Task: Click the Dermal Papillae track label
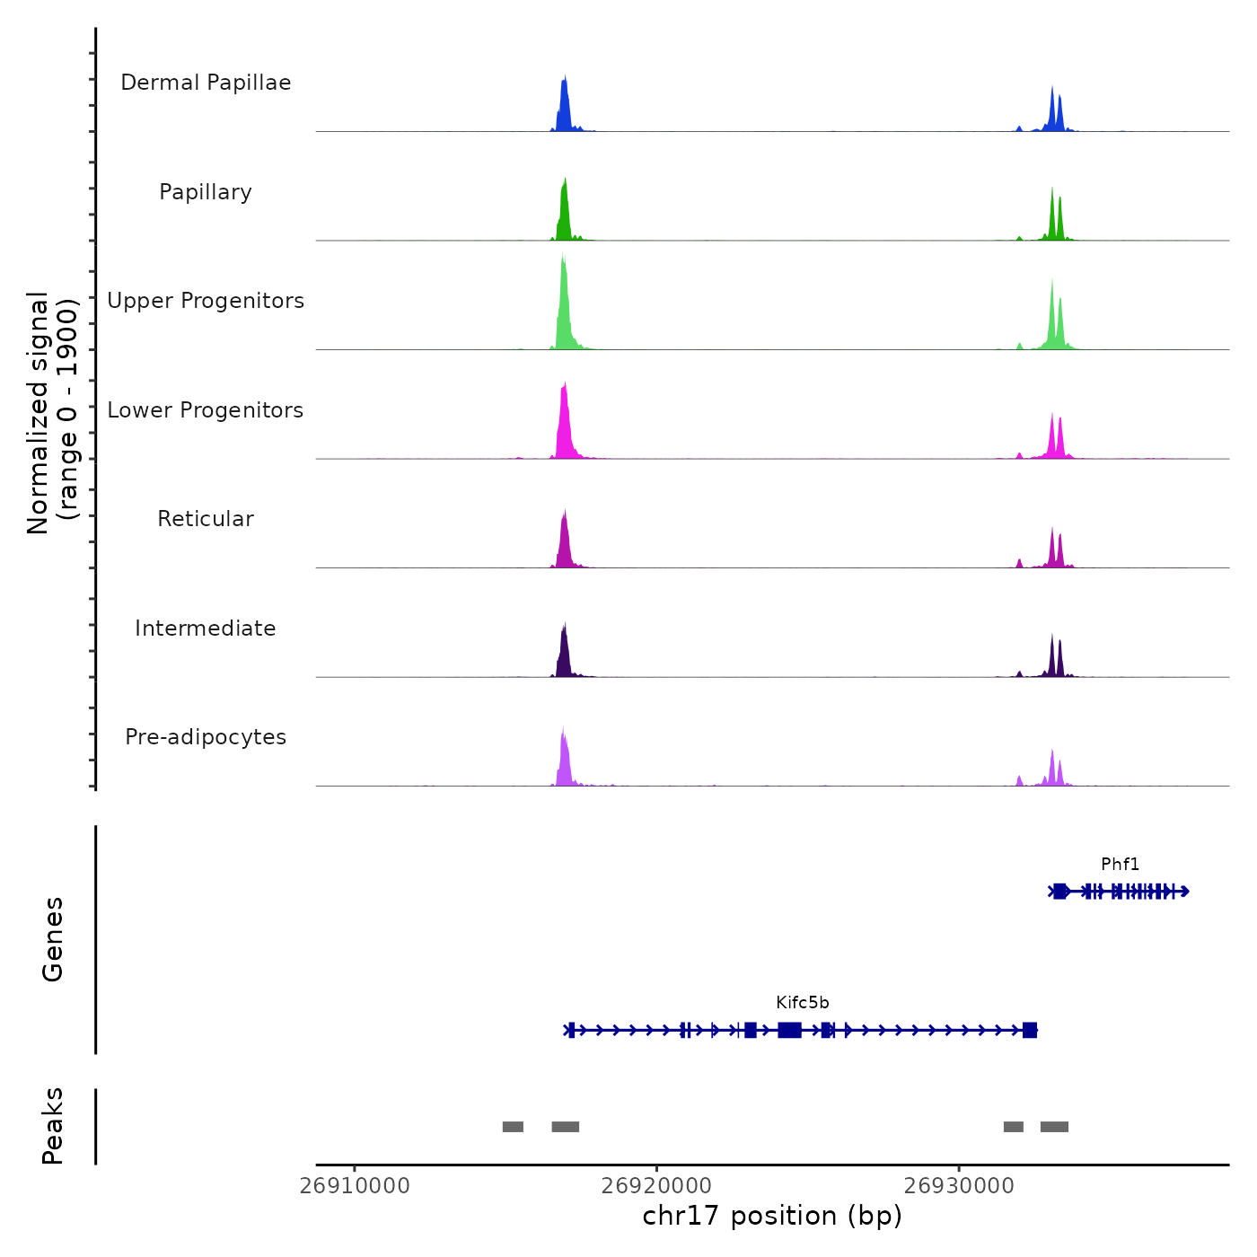coord(206,83)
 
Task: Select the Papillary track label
coord(206,192)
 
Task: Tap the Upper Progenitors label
coord(206,301)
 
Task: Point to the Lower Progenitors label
coord(206,410)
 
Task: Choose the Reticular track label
coord(206,519)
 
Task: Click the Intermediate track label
coord(206,628)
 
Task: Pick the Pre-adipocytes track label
coord(206,737)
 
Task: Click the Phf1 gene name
coord(1120,865)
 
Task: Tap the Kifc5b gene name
coord(803,1003)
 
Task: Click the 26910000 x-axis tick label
coord(355,1185)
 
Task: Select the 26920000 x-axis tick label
coord(657,1185)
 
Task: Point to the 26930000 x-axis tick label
coord(959,1185)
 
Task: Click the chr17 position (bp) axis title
coord(772,1216)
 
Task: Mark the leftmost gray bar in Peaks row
coord(513,1127)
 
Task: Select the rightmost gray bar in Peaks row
coord(1054,1127)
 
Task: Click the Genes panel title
coord(53,939)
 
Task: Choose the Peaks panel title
coord(53,1126)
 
